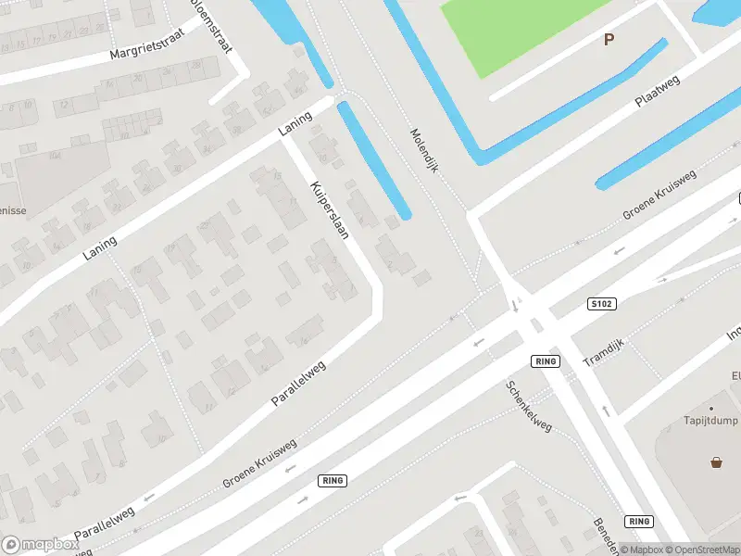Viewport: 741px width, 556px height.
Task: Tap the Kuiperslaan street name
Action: coord(330,209)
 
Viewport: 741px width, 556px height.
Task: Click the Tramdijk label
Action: coord(605,350)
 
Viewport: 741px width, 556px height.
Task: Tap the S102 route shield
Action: coord(602,303)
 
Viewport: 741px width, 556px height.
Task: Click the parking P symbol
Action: coord(609,39)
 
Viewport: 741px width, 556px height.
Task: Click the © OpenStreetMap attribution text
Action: coord(697,550)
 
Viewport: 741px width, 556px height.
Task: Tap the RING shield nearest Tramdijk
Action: coord(546,360)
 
